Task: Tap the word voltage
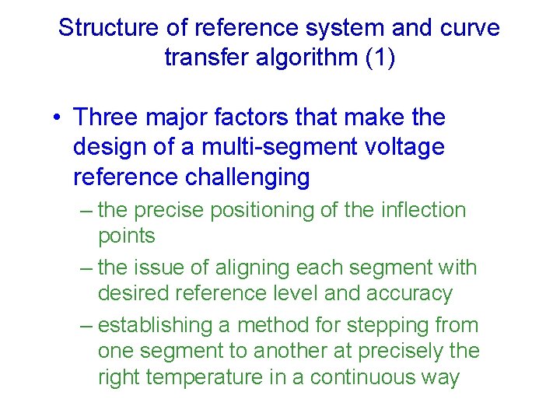click(x=404, y=148)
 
